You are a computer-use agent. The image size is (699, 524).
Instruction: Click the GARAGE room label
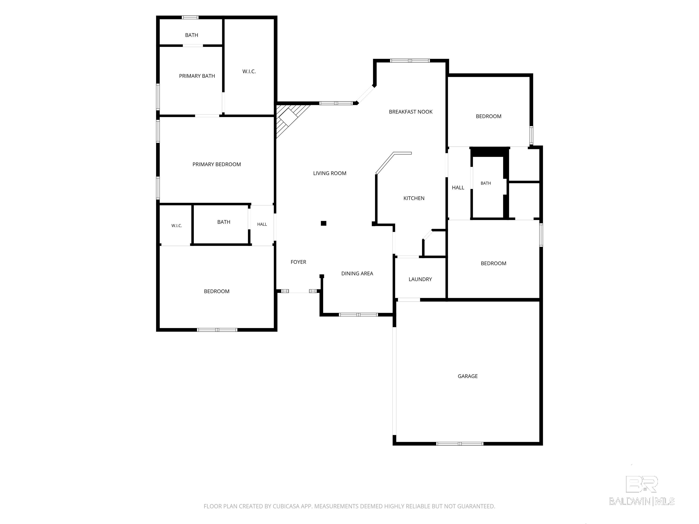pos(467,376)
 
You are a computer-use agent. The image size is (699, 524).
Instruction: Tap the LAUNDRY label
pos(420,279)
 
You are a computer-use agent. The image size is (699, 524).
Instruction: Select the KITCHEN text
pos(414,198)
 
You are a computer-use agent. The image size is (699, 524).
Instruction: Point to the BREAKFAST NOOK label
pos(410,112)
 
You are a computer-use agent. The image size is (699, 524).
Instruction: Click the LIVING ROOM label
pos(330,173)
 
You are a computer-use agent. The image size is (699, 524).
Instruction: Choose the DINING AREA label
pos(357,274)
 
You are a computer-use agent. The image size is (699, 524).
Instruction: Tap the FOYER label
pos(298,262)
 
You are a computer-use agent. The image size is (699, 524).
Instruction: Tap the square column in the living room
pos(324,223)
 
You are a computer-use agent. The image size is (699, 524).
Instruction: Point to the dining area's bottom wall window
pos(358,315)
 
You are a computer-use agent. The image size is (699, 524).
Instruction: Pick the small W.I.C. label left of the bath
pos(177,226)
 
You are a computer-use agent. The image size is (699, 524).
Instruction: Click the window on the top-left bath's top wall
pos(190,17)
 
